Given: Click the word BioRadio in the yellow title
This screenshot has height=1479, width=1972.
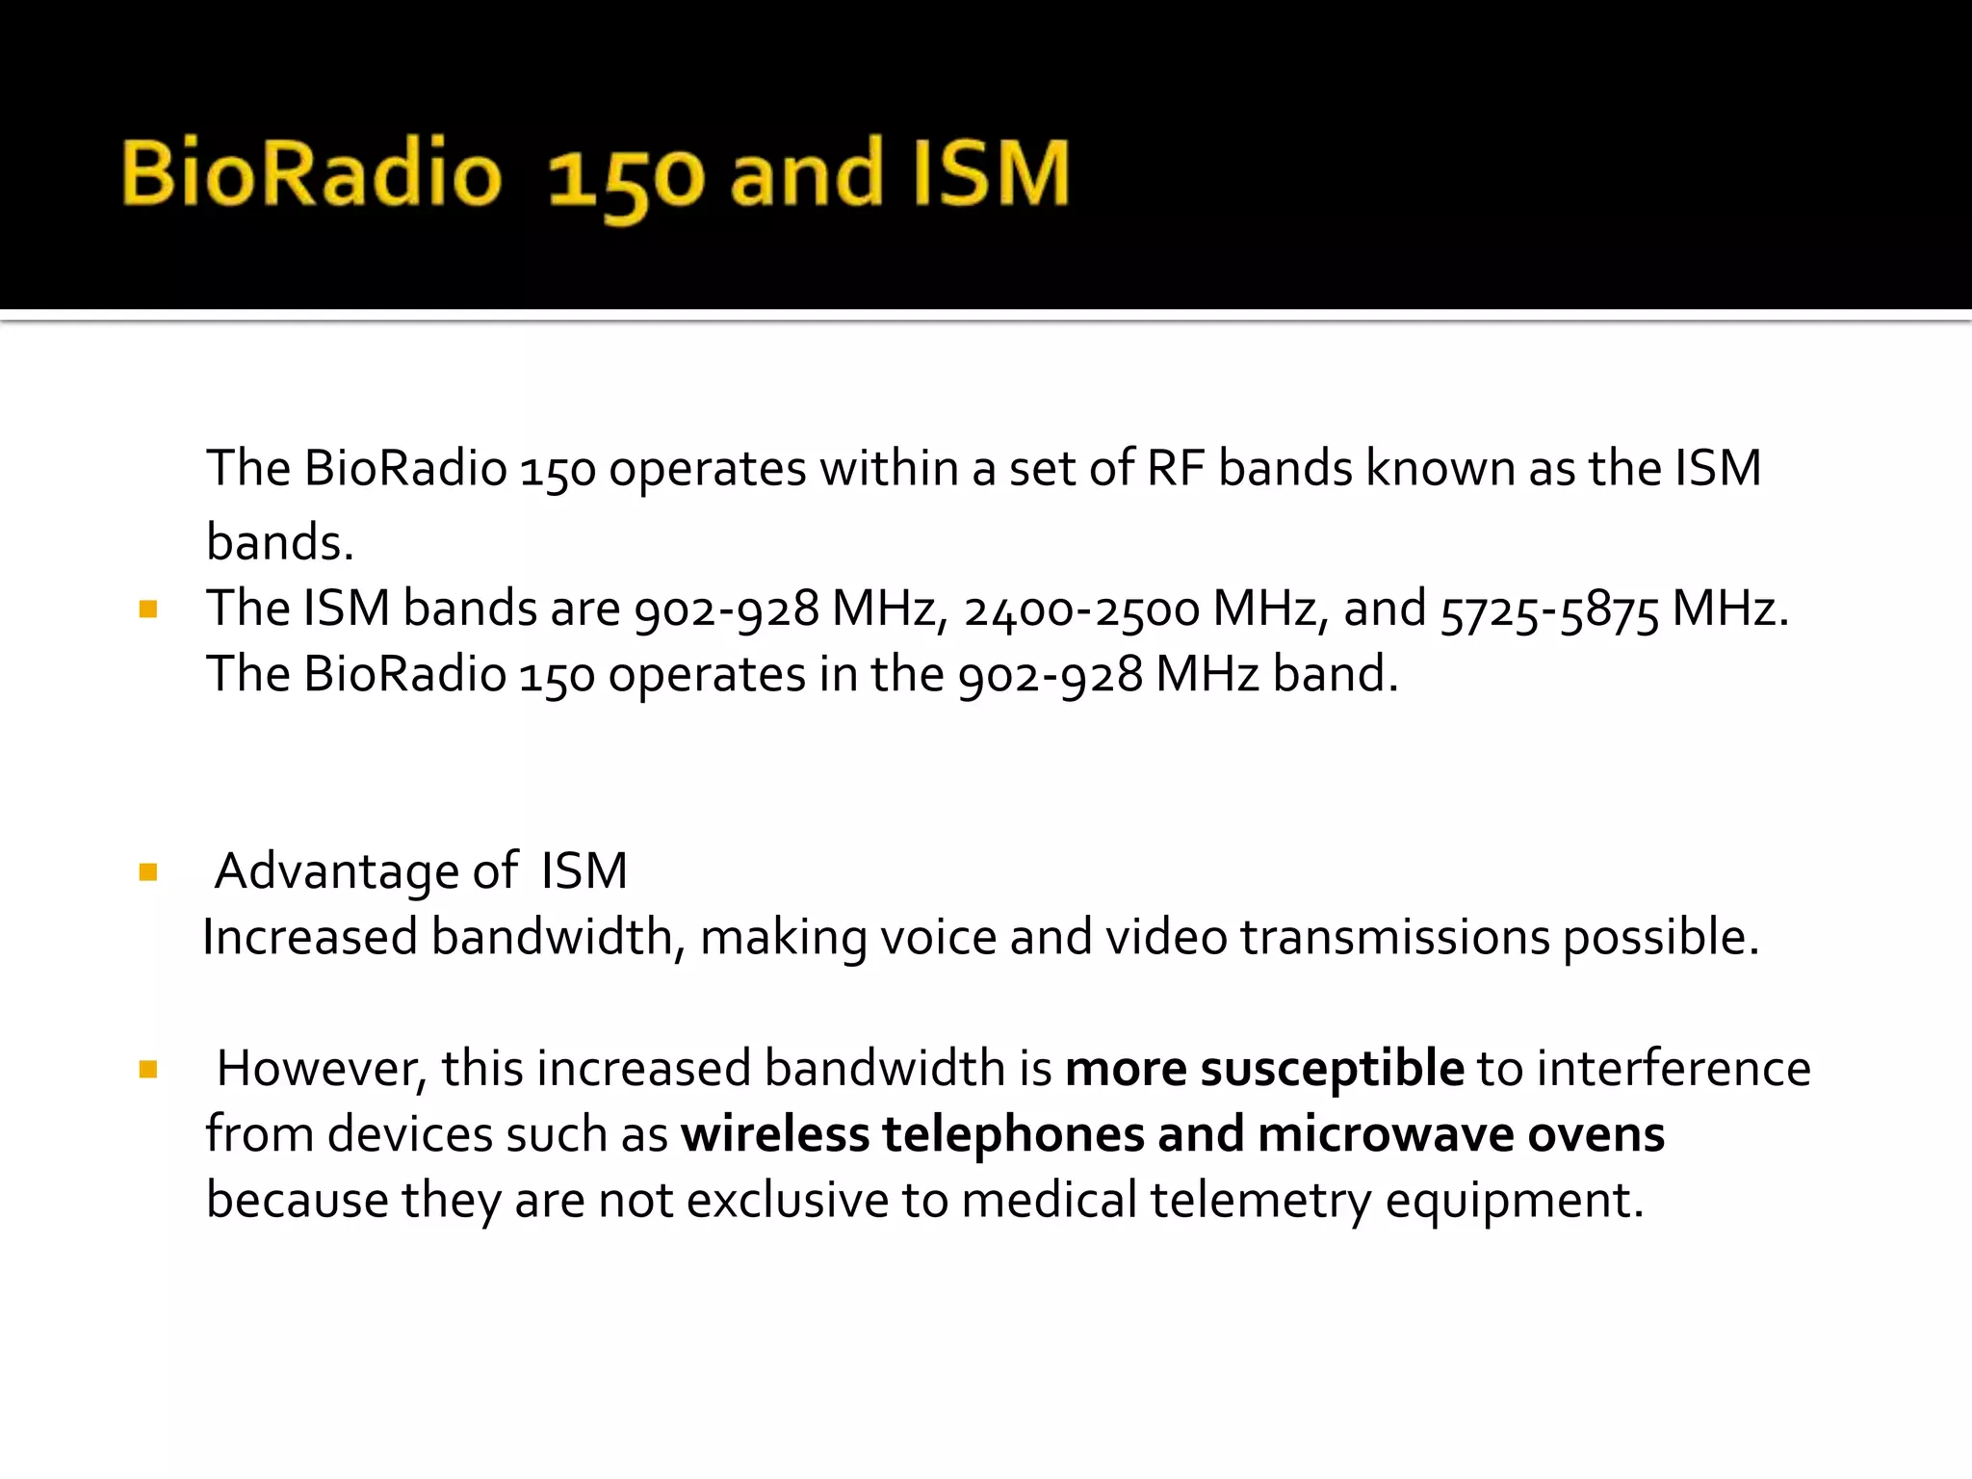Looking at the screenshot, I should (x=311, y=173).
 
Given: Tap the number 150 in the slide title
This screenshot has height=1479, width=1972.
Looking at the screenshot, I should (x=626, y=179).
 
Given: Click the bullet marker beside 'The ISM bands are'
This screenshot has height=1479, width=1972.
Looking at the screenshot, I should (x=148, y=609).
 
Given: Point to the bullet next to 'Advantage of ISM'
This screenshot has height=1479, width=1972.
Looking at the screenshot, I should (x=148, y=872).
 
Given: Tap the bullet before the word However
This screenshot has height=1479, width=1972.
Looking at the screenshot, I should (x=148, y=1069).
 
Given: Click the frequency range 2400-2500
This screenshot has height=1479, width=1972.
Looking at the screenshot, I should (x=1082, y=610).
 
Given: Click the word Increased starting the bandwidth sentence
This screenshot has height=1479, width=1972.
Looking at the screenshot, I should (x=310, y=937).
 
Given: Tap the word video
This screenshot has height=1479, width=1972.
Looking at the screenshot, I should (x=1166, y=937).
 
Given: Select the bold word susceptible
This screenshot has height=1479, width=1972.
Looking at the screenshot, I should (x=1332, y=1069).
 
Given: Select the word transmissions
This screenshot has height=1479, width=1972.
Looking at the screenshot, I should (x=1395, y=937).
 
